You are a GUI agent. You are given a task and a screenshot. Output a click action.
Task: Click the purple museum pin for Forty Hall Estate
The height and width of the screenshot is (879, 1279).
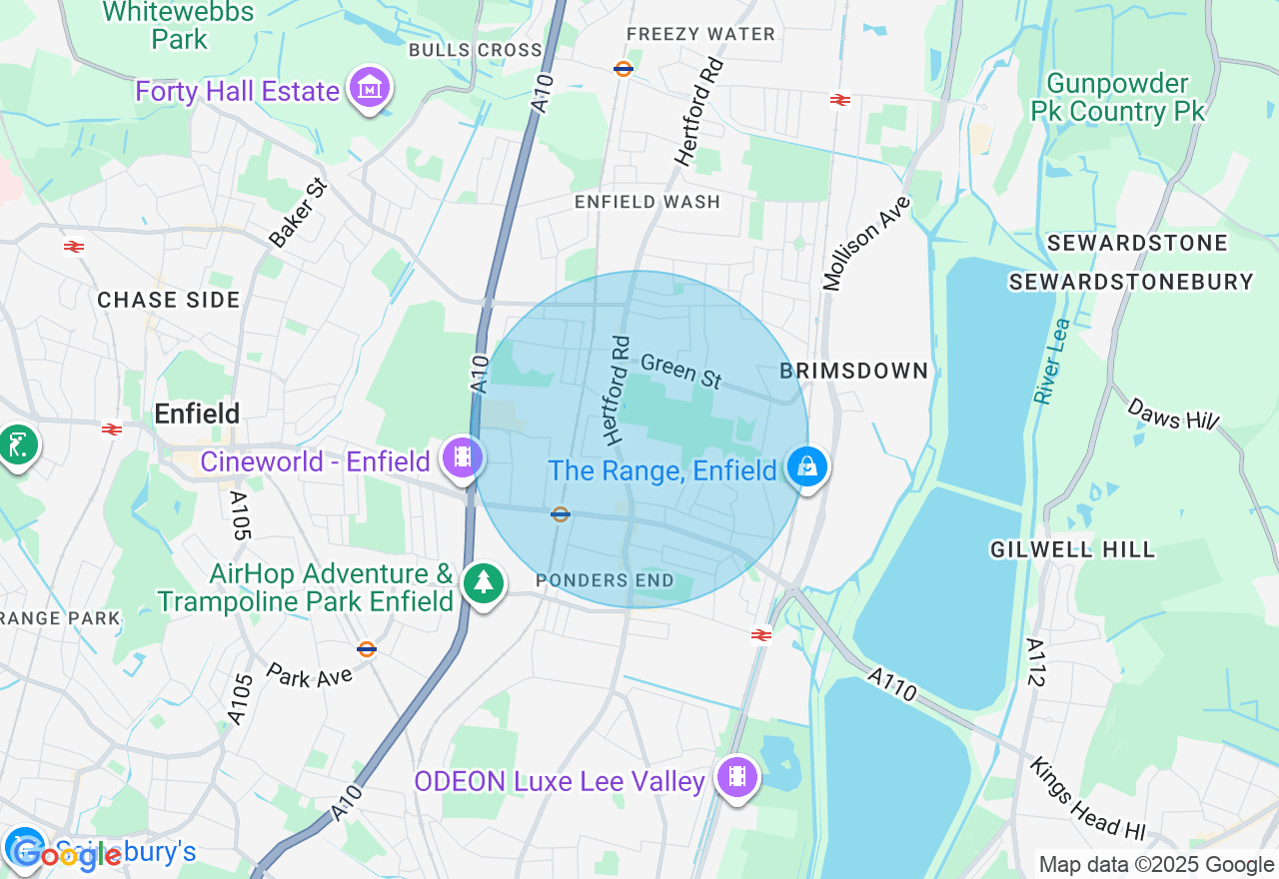tap(370, 89)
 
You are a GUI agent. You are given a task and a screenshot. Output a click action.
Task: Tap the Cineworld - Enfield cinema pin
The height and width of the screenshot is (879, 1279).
tap(462, 458)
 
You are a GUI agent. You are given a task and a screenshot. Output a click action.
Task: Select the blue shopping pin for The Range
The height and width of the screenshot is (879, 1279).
tap(806, 467)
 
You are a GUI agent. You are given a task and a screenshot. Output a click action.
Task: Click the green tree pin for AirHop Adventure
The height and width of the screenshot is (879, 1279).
tap(484, 581)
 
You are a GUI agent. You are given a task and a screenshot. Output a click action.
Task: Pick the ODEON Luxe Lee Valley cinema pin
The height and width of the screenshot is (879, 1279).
tap(737, 778)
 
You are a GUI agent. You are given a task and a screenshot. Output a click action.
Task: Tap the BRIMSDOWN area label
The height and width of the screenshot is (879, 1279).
tap(854, 371)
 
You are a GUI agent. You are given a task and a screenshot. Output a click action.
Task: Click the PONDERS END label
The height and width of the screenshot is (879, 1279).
tap(605, 580)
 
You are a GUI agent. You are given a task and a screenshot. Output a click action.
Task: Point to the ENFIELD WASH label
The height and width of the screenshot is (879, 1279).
tap(647, 202)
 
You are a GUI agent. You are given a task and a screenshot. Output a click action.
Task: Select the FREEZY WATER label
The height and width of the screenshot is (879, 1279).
tap(700, 34)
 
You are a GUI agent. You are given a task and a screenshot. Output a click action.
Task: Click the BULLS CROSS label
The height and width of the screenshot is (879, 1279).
tap(476, 50)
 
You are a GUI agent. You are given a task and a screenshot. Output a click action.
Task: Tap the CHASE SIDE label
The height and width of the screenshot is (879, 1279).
tap(169, 300)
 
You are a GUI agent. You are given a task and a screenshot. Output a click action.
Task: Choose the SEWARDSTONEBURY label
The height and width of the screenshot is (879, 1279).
tap(1130, 282)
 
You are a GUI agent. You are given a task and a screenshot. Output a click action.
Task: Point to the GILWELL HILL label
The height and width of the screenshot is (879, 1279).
tap(1072, 548)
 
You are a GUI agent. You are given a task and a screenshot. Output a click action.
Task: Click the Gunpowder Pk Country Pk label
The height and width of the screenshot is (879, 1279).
tap(1118, 98)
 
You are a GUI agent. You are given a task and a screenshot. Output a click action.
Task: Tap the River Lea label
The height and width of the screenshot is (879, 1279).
tap(1052, 362)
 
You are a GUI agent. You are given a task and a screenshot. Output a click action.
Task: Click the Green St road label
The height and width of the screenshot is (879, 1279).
tap(681, 371)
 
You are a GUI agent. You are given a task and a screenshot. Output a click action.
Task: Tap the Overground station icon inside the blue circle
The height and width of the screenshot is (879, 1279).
tap(561, 514)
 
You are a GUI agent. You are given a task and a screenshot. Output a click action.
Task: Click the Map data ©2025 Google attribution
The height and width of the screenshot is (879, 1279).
tap(1156, 865)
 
